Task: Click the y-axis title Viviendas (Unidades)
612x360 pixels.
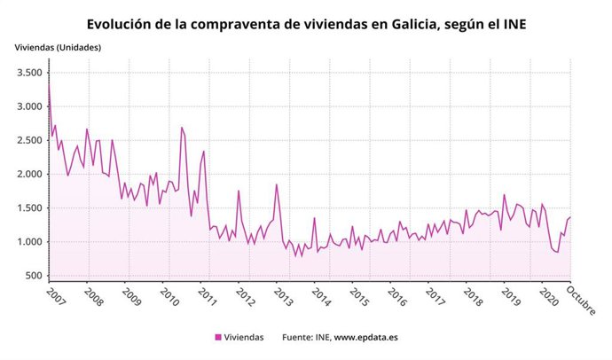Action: click(57, 45)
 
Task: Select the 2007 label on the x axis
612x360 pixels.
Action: click(53, 296)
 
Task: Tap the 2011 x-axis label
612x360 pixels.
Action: click(206, 296)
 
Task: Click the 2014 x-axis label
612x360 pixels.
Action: click(320, 296)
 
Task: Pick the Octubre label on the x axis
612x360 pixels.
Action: click(581, 300)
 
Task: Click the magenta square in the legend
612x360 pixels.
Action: click(218, 338)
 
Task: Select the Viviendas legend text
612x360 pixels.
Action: click(245, 338)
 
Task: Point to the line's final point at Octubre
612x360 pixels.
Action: click(570, 217)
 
